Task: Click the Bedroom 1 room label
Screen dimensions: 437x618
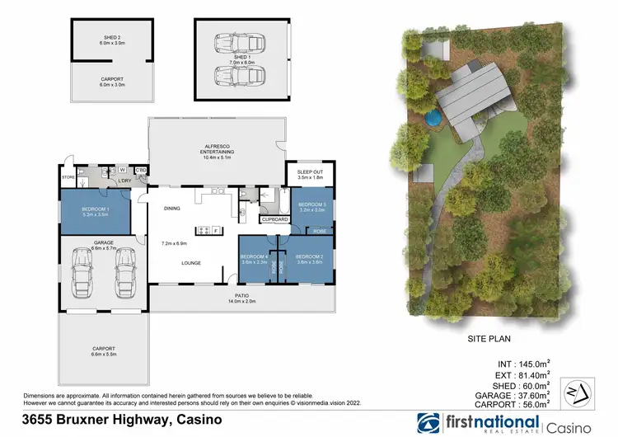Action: pyautogui.click(x=95, y=209)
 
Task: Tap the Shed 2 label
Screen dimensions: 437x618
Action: pyautogui.click(x=112, y=37)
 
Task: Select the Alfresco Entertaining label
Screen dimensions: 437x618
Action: pyautogui.click(x=218, y=150)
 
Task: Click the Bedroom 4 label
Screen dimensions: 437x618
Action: pyautogui.click(x=255, y=256)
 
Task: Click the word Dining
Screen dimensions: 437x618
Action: pyautogui.click(x=171, y=209)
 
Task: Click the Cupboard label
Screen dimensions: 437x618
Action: pyautogui.click(x=274, y=220)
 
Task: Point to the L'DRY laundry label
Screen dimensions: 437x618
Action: pyautogui.click(x=125, y=181)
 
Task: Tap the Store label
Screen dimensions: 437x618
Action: pyautogui.click(x=68, y=177)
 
